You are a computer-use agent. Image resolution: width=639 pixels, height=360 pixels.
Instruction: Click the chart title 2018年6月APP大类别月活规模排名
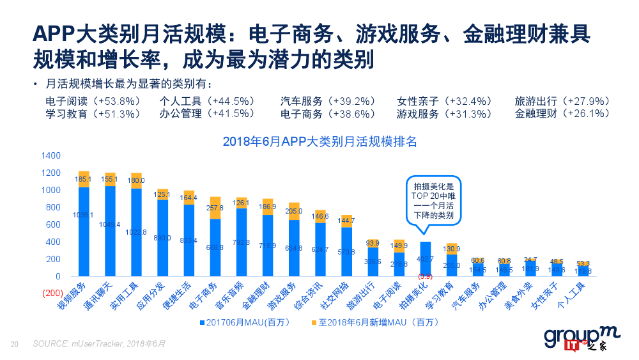point(319,141)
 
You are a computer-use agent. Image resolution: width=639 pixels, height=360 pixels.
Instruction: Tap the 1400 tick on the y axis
point(50,155)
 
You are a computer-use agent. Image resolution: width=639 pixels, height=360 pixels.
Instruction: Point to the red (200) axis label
point(51,293)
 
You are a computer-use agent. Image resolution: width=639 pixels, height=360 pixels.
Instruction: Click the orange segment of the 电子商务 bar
point(215,208)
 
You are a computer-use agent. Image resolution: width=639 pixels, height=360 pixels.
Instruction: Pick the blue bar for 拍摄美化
point(425,259)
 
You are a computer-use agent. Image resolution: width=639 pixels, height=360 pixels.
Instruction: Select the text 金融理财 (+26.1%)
point(562,114)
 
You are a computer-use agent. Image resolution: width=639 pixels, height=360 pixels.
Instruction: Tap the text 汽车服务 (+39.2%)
point(327,102)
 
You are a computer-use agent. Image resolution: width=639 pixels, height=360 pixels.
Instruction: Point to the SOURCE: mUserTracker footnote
point(99,343)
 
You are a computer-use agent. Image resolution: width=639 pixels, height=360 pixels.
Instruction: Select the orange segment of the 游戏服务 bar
point(294,211)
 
